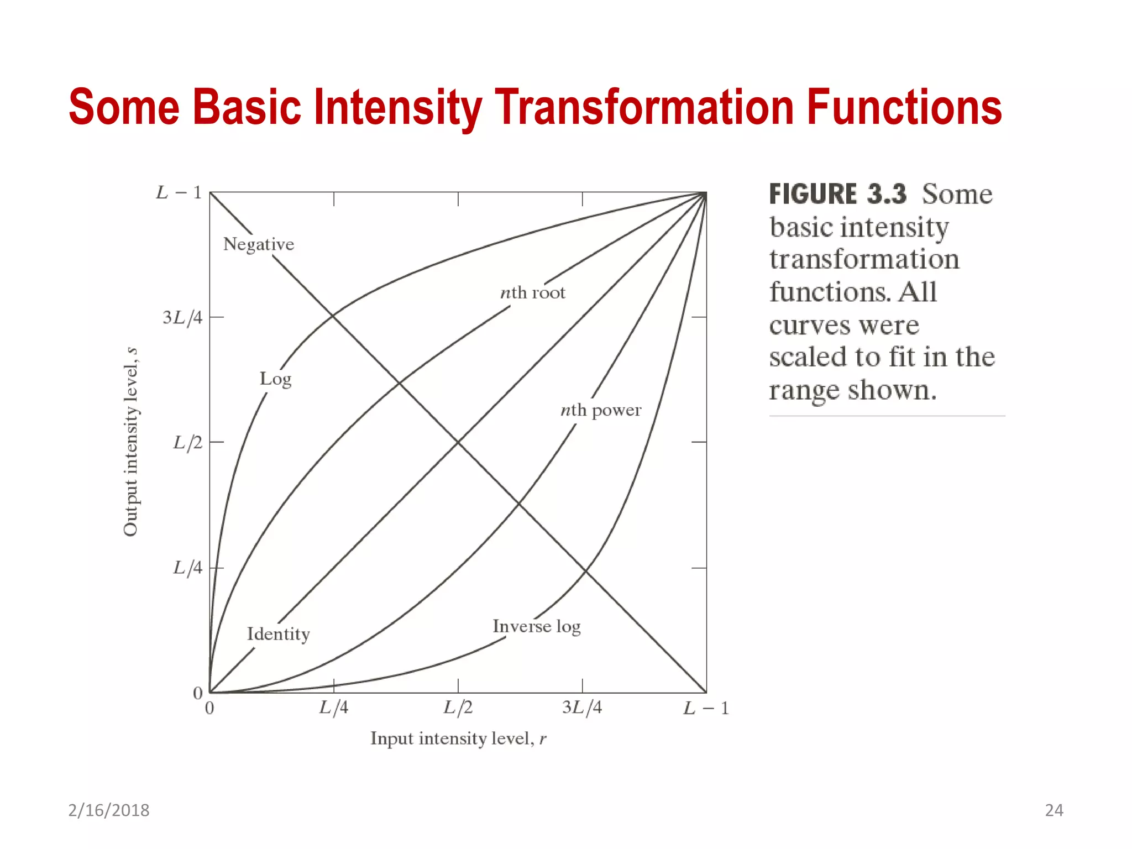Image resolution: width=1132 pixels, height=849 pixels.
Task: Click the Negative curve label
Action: click(258, 244)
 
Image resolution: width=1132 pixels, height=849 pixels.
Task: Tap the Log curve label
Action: click(275, 379)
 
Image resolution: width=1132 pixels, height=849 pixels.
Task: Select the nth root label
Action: click(532, 292)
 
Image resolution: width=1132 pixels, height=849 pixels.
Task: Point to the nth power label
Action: click(600, 410)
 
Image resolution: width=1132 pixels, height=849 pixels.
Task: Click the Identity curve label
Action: click(278, 634)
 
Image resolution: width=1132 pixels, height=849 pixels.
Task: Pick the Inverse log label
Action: click(536, 626)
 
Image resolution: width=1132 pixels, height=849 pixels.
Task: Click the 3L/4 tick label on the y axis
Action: click(182, 317)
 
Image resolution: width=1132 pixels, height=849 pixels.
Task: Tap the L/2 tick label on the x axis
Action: click(458, 707)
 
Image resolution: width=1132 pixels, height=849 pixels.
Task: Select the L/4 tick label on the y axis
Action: click(187, 568)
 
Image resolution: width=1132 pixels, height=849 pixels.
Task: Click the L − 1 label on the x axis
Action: click(706, 708)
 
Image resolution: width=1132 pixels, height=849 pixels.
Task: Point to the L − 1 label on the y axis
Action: click(179, 192)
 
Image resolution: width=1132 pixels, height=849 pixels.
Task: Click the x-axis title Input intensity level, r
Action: click(458, 738)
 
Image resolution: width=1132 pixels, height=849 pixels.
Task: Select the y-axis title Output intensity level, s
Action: click(130, 442)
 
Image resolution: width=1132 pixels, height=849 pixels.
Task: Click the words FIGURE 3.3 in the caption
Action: click(837, 195)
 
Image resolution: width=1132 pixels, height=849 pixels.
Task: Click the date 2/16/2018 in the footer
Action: click(108, 810)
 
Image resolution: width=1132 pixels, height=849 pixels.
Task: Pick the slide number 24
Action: click(1054, 810)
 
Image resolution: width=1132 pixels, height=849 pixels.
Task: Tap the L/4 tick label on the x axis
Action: click(334, 707)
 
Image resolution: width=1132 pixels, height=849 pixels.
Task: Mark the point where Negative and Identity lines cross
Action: click(458, 442)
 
